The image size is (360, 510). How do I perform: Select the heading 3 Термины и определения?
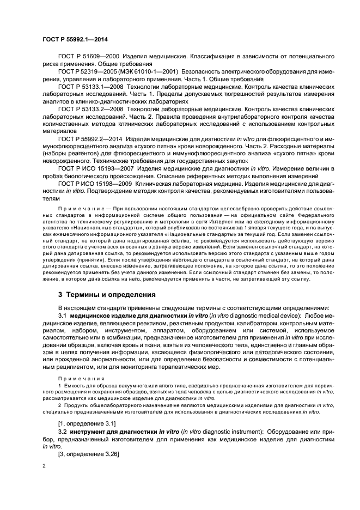pos(107,295)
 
